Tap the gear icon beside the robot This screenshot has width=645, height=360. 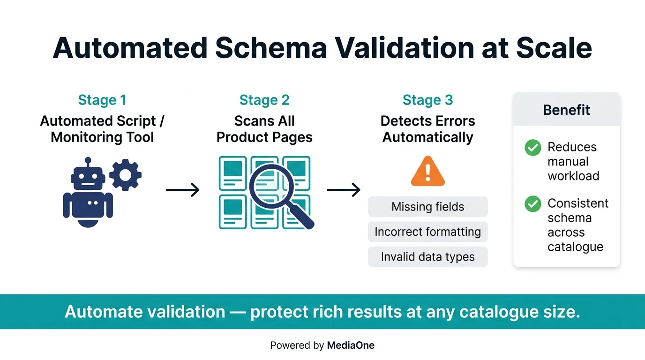click(x=125, y=175)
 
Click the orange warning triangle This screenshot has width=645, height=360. click(x=427, y=172)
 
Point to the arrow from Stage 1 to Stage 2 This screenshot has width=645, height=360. click(x=183, y=190)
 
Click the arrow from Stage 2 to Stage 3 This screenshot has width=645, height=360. click(x=344, y=190)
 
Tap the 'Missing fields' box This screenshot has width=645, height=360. click(x=427, y=207)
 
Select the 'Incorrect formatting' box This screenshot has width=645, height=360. click(x=427, y=232)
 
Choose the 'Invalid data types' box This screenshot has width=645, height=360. click(x=427, y=257)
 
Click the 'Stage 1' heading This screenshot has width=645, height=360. click(x=102, y=100)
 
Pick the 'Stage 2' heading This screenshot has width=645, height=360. click(x=264, y=100)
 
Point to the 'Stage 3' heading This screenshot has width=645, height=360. click(x=427, y=100)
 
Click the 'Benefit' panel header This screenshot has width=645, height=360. click(x=566, y=110)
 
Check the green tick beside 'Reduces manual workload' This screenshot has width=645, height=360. click(x=532, y=148)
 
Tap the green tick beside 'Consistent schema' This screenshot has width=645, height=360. click(x=532, y=204)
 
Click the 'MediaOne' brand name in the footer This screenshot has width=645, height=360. click(x=351, y=346)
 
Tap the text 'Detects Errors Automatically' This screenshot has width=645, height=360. click(x=427, y=129)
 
